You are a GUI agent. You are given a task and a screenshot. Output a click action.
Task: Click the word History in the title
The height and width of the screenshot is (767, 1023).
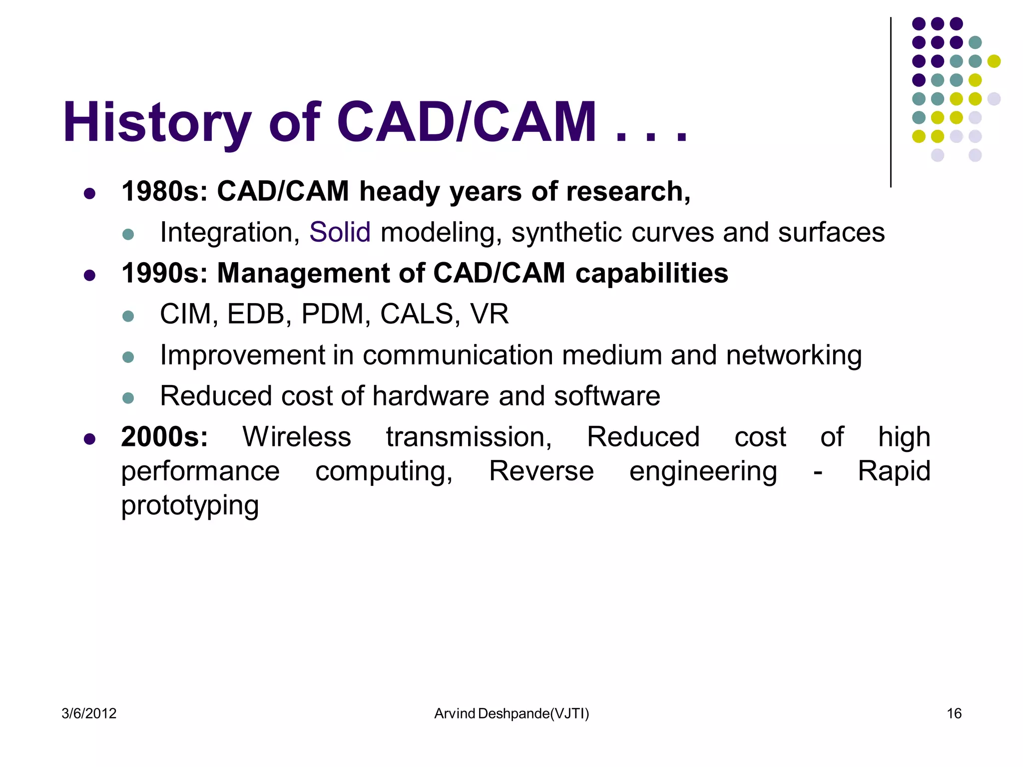pos(156,122)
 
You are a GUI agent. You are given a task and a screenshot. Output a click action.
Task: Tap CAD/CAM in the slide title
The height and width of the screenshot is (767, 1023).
pos(467,122)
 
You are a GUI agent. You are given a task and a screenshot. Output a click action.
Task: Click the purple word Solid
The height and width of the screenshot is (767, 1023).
pos(340,232)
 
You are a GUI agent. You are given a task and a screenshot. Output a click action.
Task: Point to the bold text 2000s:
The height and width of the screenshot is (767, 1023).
pos(164,437)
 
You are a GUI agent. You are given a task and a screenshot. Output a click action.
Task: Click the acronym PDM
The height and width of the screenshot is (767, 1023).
pos(333,314)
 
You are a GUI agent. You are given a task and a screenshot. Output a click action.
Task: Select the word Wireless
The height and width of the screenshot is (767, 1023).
pos(297,437)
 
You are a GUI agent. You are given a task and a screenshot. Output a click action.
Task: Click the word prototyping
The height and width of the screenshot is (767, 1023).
pos(190,505)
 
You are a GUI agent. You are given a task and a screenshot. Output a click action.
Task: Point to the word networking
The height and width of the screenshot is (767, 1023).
pos(794,355)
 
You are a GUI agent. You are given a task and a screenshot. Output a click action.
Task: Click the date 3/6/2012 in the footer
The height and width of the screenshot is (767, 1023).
pos(89,714)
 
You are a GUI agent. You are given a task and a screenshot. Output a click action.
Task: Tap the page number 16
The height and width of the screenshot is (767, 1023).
pos(954,714)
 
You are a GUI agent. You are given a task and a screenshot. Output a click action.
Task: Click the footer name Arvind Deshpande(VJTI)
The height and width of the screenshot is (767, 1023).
pos(511,714)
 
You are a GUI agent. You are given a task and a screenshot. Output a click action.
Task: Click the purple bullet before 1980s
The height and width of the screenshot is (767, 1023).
pos(90,194)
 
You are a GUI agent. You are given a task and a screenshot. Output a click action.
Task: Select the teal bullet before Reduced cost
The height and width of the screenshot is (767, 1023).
pos(128,398)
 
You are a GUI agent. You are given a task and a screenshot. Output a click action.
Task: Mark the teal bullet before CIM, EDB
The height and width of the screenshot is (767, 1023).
pos(128,316)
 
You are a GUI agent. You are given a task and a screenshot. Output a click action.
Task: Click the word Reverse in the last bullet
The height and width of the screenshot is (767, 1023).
pos(541,471)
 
